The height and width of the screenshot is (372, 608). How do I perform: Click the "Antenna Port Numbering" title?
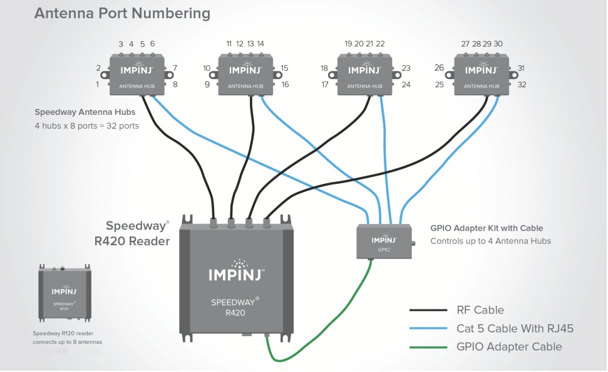[x=122, y=13]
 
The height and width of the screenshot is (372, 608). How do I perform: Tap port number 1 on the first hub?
[x=97, y=84]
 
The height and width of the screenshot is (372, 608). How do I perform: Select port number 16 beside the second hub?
[x=285, y=84]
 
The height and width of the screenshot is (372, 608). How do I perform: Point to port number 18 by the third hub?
[x=324, y=68]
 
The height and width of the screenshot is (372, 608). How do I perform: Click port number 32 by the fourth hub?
[x=522, y=84]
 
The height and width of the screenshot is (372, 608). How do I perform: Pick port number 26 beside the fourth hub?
[x=439, y=68]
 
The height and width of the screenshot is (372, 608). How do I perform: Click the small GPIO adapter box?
[x=384, y=241]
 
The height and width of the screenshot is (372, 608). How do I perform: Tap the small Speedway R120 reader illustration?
[x=64, y=293]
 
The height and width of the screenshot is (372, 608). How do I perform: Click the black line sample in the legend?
[x=428, y=310]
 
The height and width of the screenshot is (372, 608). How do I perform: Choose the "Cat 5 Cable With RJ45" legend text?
[x=515, y=329]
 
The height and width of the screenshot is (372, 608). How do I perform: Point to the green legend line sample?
[x=428, y=347]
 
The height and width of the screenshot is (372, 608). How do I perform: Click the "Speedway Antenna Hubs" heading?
[x=85, y=112]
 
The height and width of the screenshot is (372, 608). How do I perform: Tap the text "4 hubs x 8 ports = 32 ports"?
[x=86, y=126]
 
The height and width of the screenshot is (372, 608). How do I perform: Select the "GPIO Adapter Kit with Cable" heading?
[x=487, y=228]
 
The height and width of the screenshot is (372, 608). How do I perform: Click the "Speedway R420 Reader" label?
[x=132, y=233]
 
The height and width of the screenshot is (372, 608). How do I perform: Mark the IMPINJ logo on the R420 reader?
[x=237, y=272]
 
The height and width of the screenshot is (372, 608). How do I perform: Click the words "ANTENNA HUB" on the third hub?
[x=364, y=86]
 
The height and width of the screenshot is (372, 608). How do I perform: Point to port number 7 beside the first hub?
[x=175, y=68]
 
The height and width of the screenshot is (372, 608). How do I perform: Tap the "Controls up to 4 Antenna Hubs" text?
[x=490, y=241]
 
